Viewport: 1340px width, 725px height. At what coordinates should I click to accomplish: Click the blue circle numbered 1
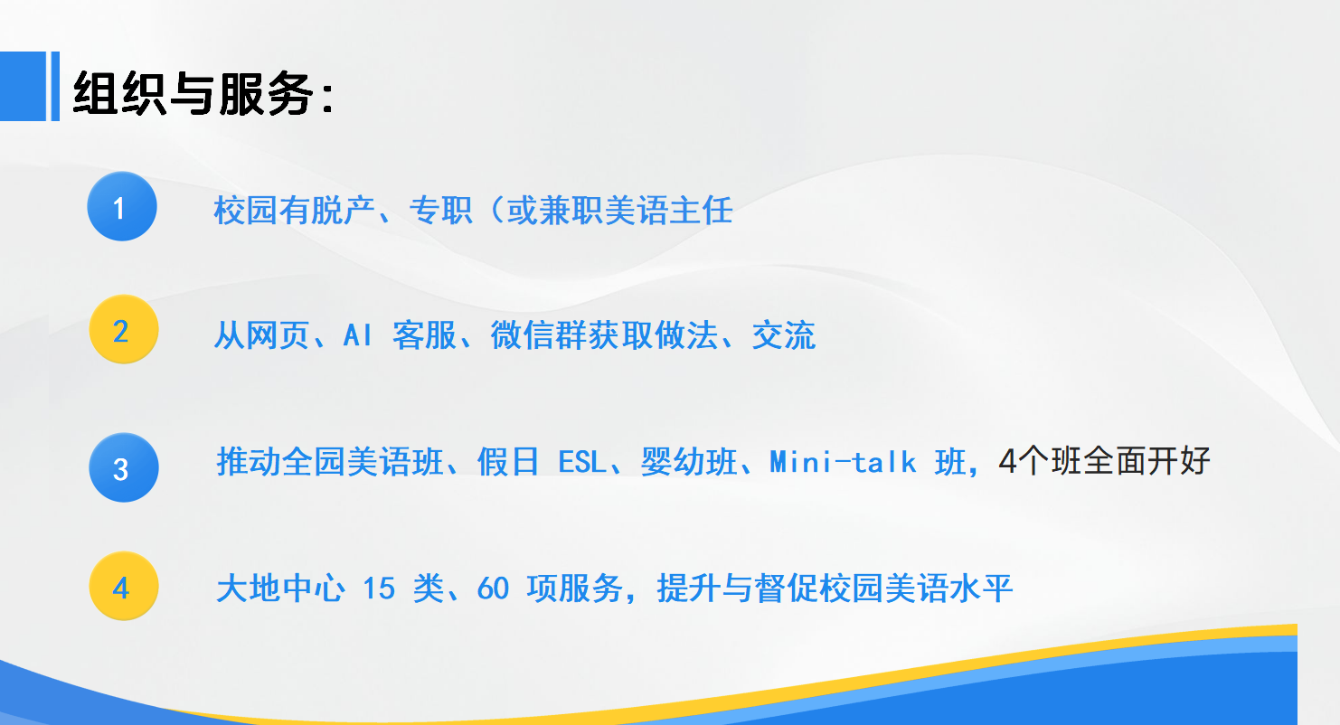click(x=122, y=206)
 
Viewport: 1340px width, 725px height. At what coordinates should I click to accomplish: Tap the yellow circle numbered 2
click(x=124, y=329)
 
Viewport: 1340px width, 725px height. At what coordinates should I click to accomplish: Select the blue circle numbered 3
click(x=124, y=467)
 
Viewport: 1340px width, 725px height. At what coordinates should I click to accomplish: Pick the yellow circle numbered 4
click(x=124, y=586)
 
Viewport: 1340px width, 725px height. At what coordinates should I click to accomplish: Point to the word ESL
click(x=581, y=462)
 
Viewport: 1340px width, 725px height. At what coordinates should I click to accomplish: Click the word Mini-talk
click(x=843, y=462)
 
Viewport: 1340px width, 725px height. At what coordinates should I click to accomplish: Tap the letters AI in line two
click(x=357, y=335)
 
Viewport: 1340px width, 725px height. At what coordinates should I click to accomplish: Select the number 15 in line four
click(x=379, y=588)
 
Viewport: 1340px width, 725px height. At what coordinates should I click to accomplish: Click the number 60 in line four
click(x=493, y=588)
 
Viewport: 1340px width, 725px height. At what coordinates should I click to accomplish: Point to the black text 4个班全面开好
click(x=1104, y=461)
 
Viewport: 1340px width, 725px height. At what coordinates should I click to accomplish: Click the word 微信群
click(x=538, y=335)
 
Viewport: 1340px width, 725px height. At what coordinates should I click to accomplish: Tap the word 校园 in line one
click(x=245, y=211)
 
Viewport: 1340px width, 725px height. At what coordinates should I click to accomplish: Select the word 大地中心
click(x=280, y=588)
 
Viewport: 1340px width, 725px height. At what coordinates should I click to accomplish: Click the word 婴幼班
click(x=689, y=462)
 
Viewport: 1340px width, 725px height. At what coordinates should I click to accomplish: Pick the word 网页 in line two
click(x=278, y=335)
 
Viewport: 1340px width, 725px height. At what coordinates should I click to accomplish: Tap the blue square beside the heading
click(x=23, y=86)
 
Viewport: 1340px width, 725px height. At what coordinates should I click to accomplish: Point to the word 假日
click(x=508, y=462)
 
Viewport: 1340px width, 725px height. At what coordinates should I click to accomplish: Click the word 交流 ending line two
click(x=784, y=335)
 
